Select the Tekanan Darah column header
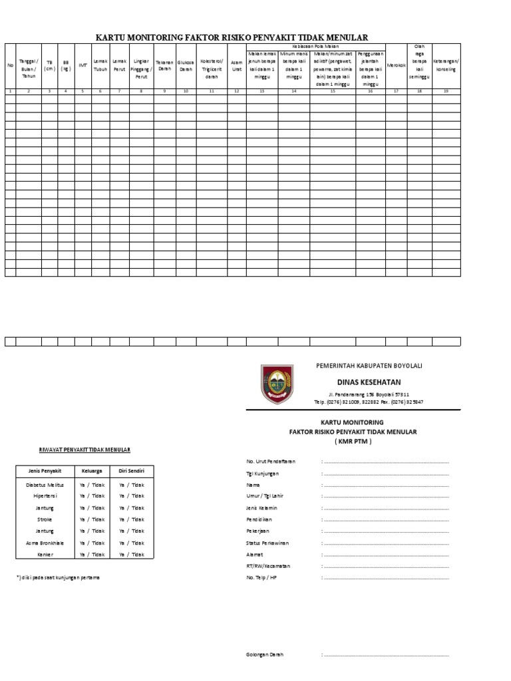coord(164,66)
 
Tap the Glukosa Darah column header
coord(186,66)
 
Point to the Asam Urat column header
coord(236,66)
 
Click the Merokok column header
coord(396,65)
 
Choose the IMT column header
coord(83,65)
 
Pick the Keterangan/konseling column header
coord(446,65)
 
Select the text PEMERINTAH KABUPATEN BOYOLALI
coord(368,366)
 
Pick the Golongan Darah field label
coord(265,654)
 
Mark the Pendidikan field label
coord(259,519)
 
